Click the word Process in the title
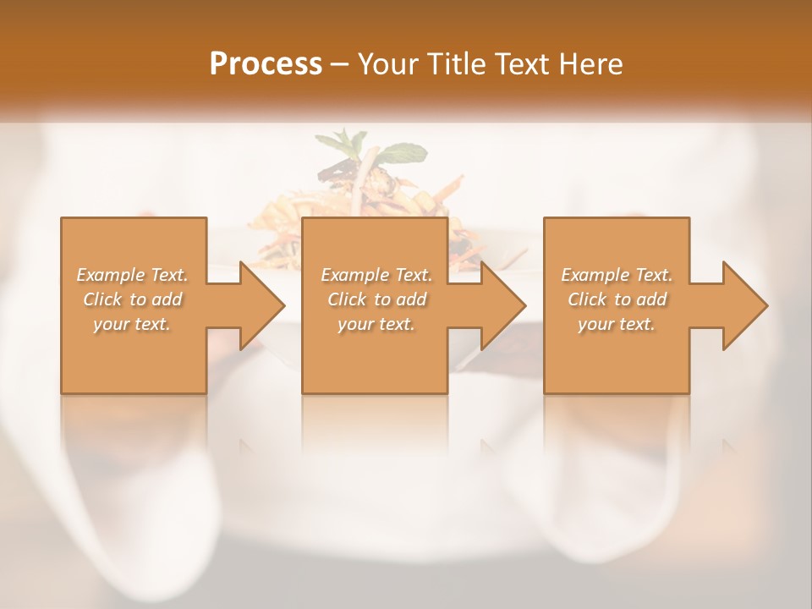pos(266,64)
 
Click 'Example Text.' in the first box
pos(133,275)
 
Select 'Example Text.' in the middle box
pos(376,275)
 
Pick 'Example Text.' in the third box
pos(617,275)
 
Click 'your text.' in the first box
pos(132,324)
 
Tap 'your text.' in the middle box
pos(376,324)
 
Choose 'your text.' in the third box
pos(617,324)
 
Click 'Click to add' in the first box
pos(133,299)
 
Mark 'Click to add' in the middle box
pos(376,299)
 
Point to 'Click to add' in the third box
pos(617,299)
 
